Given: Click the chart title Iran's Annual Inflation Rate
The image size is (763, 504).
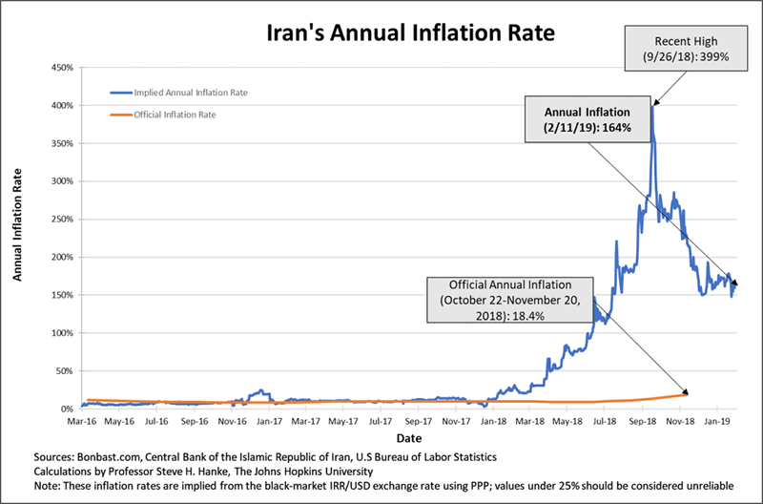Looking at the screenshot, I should (x=382, y=34).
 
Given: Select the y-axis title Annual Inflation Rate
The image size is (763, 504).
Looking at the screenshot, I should (x=20, y=233).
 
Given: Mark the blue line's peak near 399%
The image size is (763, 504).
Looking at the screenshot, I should (x=652, y=106).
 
